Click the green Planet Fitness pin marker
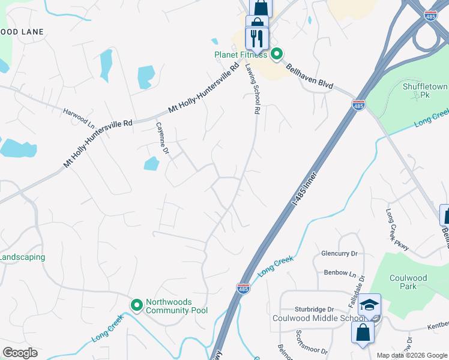277,55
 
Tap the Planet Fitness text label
241,55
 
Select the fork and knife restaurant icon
258,38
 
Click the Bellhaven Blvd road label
309,76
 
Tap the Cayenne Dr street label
162,139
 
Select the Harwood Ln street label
79,115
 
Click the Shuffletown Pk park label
426,91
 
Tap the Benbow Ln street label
340,272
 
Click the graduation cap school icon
370,305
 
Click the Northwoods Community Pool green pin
136,305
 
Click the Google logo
20,353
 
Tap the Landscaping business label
23,257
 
